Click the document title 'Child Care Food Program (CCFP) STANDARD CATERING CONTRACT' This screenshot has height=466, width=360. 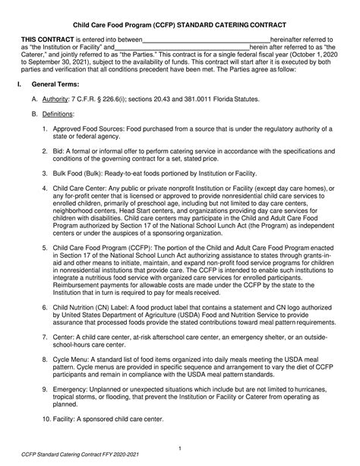(x=180, y=24)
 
